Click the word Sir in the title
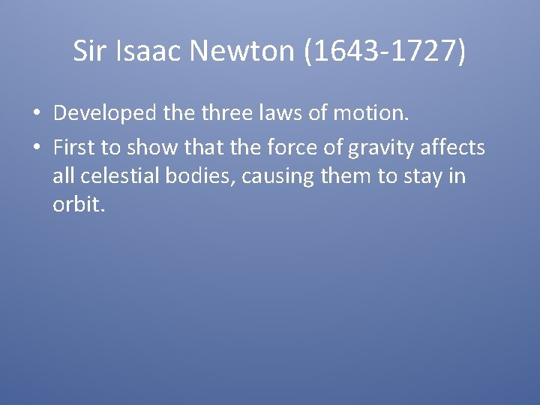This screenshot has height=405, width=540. click(x=90, y=51)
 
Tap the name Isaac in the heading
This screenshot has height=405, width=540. click(x=149, y=51)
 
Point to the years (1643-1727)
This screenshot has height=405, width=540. click(x=385, y=51)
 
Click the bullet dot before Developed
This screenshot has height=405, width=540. click(x=36, y=114)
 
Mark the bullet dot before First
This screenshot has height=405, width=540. click(x=36, y=148)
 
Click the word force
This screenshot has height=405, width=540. click(x=290, y=148)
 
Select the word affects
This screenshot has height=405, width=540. click(x=454, y=148)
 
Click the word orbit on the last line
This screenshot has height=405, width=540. click(x=76, y=204)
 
